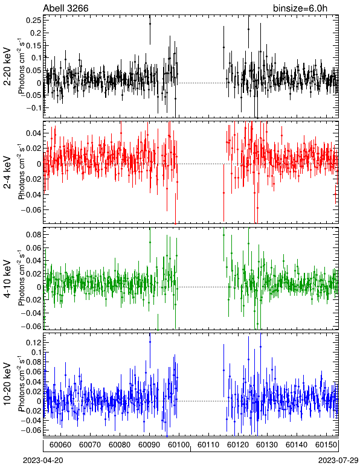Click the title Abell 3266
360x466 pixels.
(66, 8)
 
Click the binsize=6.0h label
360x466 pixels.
(300, 8)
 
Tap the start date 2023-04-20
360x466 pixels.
(43, 461)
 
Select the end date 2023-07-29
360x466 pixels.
(338, 461)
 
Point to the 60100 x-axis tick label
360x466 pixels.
(179, 445)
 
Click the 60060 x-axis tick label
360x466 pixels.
(60, 445)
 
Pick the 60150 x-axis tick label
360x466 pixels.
(326, 445)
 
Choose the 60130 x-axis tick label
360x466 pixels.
(267, 445)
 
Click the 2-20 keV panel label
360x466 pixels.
(7, 66)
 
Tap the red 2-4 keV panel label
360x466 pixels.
(7, 173)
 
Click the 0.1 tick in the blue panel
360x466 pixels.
(36, 352)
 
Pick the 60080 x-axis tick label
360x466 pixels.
(120, 445)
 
